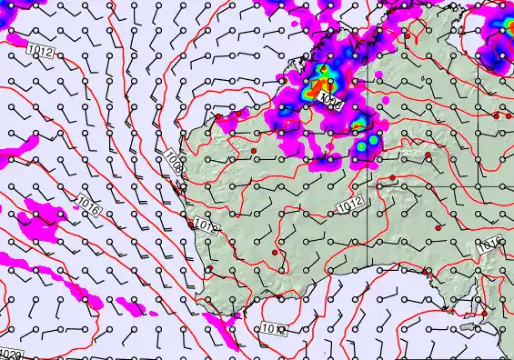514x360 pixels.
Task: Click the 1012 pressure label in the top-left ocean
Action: click(40, 52)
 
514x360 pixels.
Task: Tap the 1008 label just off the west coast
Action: click(174, 163)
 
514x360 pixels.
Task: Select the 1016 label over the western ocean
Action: click(87, 205)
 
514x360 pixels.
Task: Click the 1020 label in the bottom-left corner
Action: click(11, 354)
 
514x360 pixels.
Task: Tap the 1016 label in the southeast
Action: click(489, 244)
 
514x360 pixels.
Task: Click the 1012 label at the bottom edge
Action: click(274, 328)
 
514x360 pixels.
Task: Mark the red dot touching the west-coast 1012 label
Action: click(190, 223)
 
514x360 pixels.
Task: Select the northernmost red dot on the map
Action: click(218, 117)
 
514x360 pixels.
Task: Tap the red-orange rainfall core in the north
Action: click(320, 88)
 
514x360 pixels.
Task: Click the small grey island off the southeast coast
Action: click(469, 325)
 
